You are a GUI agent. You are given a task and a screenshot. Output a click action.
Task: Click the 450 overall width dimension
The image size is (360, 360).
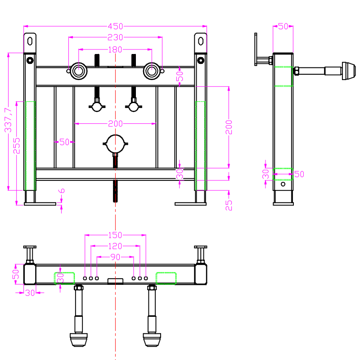pyautogui.click(x=115, y=27)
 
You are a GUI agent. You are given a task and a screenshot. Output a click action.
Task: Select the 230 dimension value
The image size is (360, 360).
pyautogui.click(x=115, y=37)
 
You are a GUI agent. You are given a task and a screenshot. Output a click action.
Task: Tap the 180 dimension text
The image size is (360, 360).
pyautogui.click(x=115, y=49)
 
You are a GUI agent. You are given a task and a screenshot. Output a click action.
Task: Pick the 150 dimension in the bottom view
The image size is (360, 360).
pyautogui.click(x=116, y=234)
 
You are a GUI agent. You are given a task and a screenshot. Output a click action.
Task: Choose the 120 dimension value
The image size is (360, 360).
pyautogui.click(x=116, y=246)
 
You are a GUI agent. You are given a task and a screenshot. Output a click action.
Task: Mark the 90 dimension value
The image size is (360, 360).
pyautogui.click(x=116, y=257)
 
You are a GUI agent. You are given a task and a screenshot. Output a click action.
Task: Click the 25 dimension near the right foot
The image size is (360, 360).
pyautogui.click(x=229, y=205)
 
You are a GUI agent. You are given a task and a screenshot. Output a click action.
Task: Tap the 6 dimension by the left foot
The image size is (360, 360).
pyautogui.click(x=62, y=191)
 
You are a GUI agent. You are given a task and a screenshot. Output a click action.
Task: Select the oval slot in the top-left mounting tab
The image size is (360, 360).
pyautogui.click(x=30, y=41)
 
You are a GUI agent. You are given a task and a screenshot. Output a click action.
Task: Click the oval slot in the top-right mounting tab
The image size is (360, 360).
pyautogui.click(x=201, y=41)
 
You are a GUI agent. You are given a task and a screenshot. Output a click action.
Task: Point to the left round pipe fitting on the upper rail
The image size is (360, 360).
pyautogui.click(x=78, y=71)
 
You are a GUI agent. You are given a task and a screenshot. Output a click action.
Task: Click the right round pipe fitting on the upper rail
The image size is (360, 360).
pyautogui.click(x=152, y=71)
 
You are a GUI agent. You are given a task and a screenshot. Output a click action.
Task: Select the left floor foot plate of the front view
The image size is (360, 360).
pyautogui.click(x=40, y=204)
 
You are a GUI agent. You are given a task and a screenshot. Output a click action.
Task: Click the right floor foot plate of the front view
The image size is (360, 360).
pyautogui.click(x=191, y=204)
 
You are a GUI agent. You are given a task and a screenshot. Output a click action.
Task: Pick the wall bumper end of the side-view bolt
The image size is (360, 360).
pyautogui.click(x=348, y=71)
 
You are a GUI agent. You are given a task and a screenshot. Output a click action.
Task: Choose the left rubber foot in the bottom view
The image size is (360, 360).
pyautogui.click(x=78, y=339)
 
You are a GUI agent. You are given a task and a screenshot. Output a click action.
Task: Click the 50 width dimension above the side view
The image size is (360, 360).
pyautogui.click(x=283, y=27)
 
